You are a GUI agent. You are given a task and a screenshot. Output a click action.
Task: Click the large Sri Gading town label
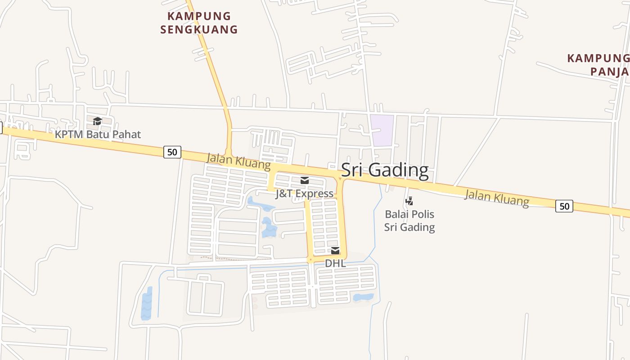tap(385, 171)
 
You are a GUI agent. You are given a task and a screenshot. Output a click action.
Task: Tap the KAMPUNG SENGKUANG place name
tap(199, 23)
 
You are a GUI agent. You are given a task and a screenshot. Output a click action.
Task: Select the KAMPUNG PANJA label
tap(598, 65)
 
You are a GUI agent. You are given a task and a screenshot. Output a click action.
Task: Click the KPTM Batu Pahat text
tap(98, 134)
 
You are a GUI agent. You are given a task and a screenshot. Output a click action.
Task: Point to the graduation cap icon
tap(97, 121)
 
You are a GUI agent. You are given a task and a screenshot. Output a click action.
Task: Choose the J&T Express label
tap(305, 193)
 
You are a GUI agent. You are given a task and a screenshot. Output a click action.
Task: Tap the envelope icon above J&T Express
tap(305, 181)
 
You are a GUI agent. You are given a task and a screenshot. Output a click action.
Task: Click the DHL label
tap(335, 263)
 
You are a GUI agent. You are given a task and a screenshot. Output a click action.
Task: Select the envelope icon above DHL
tap(335, 251)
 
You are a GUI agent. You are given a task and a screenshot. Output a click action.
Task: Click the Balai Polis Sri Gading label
tap(409, 220)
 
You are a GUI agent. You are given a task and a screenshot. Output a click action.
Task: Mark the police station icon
tap(409, 201)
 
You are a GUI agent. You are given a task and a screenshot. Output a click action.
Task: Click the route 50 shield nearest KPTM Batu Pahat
tap(172, 152)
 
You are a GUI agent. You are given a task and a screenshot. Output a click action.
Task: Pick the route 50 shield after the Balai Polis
tap(564, 206)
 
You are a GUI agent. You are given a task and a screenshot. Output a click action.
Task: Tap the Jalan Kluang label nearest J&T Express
tap(238, 162)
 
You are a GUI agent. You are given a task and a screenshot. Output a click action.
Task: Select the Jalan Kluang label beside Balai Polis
tap(496, 198)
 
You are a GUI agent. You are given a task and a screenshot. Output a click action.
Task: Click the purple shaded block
tap(382, 130)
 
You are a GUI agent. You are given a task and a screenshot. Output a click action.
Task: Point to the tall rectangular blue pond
tap(147, 303)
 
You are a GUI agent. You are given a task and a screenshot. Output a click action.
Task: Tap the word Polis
tap(422, 214)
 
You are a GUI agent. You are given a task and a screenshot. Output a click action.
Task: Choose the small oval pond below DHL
tap(364, 297)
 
